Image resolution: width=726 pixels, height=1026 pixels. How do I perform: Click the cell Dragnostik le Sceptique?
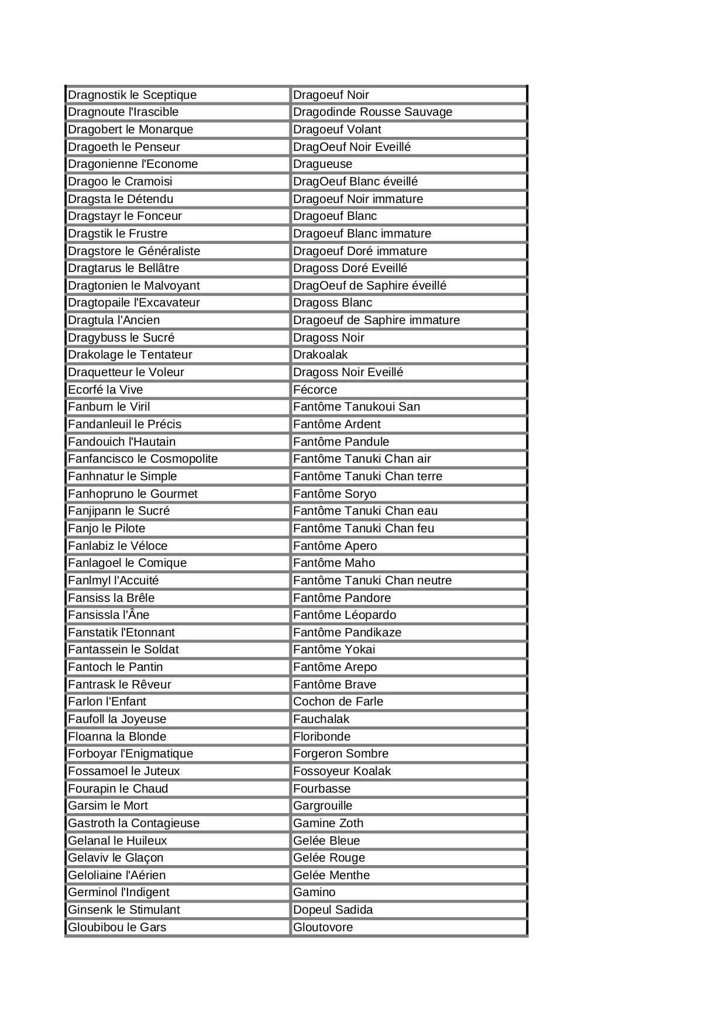click(177, 95)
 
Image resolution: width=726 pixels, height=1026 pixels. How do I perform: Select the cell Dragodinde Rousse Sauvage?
click(408, 112)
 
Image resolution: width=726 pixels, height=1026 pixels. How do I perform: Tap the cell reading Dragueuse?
click(408, 164)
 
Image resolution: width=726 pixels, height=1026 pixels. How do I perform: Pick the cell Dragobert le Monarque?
click(177, 130)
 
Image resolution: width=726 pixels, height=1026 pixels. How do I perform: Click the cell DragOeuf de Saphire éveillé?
click(408, 285)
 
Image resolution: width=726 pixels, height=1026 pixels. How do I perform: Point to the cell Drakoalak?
click(408, 355)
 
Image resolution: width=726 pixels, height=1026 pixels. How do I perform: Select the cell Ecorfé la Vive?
click(177, 390)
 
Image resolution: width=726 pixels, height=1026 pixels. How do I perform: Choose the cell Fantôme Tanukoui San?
click(408, 407)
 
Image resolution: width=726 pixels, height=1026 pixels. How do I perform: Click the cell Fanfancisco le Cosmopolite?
click(177, 459)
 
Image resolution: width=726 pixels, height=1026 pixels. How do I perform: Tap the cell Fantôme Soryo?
click(408, 494)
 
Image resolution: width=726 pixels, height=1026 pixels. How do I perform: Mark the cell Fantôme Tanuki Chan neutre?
click(408, 580)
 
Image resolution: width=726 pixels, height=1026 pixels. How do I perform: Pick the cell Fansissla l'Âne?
click(177, 615)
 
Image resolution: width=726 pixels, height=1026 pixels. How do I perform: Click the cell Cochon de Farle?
click(408, 702)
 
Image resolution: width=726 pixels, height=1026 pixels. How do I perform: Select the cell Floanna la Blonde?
click(177, 736)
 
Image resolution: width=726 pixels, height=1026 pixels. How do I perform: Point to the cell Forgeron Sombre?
click(408, 754)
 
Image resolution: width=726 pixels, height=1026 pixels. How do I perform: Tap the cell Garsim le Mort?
click(177, 806)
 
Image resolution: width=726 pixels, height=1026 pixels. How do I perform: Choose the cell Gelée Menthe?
click(408, 875)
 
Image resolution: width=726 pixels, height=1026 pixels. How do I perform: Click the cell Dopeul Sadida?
click(408, 910)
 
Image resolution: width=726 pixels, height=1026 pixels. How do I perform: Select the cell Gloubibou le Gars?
click(177, 927)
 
